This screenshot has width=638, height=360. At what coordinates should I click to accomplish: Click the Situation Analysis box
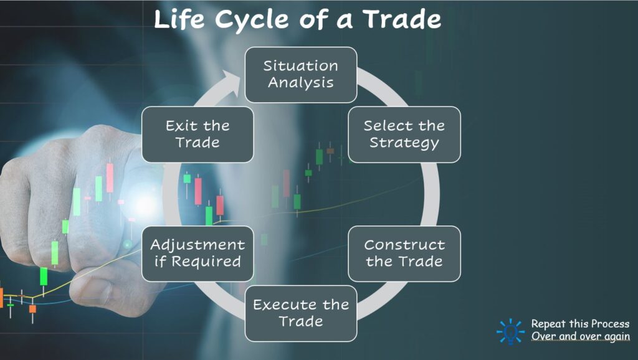[300, 75]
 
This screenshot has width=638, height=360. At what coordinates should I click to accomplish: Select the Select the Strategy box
[404, 135]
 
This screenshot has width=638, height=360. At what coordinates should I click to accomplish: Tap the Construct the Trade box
[404, 253]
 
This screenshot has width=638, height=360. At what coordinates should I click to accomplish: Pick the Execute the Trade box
[300, 313]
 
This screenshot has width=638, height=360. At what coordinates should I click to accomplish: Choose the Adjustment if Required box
[198, 253]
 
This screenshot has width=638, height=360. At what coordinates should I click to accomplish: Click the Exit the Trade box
[198, 135]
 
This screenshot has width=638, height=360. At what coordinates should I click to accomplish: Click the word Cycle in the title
[262, 20]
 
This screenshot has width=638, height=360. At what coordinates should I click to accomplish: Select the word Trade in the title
[402, 20]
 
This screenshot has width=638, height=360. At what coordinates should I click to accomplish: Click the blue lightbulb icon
[510, 331]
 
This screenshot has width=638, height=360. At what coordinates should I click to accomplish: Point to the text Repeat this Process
[580, 324]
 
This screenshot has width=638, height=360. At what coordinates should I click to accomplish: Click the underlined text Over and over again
[580, 337]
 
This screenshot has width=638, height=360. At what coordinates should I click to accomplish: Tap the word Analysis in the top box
[300, 82]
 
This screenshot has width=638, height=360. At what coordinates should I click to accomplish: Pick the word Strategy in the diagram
[404, 143]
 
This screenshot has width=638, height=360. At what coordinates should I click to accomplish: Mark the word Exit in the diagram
[180, 126]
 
